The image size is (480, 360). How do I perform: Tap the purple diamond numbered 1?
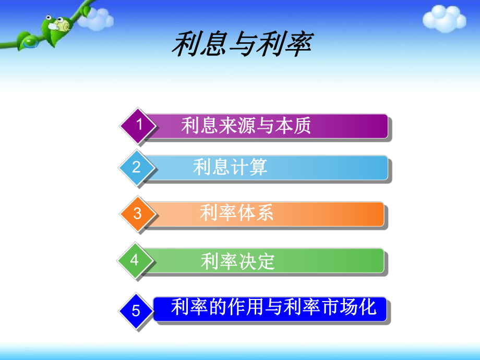click(138, 126)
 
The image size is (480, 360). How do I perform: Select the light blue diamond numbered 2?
click(137, 167)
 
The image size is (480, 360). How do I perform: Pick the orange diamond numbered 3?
click(137, 213)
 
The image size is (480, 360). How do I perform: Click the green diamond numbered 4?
click(135, 260)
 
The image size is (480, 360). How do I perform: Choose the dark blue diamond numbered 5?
click(136, 311)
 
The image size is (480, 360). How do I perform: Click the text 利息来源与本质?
click(246, 126)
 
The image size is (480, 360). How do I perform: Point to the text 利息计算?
click(230, 167)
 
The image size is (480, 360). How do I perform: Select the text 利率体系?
click(236, 213)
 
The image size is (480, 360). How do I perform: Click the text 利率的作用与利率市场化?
click(273, 307)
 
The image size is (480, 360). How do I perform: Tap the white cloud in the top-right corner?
click(443, 20)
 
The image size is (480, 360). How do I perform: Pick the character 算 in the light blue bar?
click(258, 167)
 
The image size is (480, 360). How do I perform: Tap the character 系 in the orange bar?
click(264, 213)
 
